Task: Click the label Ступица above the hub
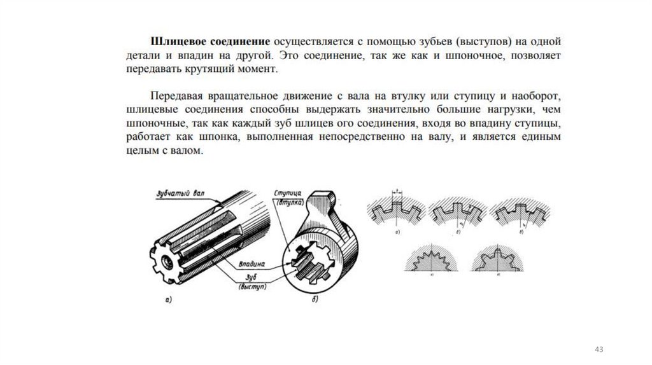click(287, 192)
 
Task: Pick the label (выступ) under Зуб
click(253, 287)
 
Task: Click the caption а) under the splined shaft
click(168, 298)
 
